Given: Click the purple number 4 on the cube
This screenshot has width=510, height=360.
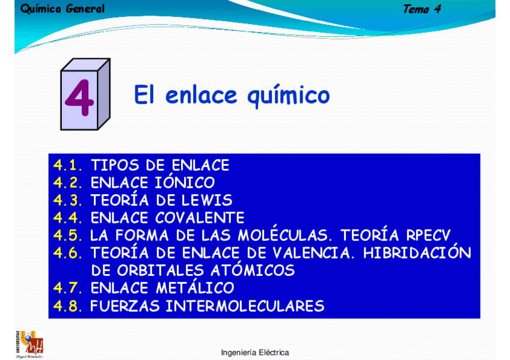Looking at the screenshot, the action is point(79,98).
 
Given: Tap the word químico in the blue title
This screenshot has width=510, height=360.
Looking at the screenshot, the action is point(289,96).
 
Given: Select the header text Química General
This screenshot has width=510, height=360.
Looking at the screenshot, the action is point(63,9).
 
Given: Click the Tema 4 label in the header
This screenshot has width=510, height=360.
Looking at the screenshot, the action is point(422,9).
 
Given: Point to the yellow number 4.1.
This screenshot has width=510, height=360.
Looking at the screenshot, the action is point(67,165).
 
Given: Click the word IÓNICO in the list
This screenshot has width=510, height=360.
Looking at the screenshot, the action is point(185,182).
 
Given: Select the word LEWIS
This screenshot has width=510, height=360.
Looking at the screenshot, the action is point(207,200).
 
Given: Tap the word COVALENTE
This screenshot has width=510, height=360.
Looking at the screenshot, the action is point(200,218).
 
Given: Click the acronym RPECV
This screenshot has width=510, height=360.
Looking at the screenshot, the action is point(428,235).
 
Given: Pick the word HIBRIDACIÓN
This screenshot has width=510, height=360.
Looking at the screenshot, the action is point(417,252).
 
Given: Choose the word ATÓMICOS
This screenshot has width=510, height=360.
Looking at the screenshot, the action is point(253,270).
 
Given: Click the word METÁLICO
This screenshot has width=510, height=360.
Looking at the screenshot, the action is point(195,287).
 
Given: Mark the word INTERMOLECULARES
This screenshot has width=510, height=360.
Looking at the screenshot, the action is point(245,306).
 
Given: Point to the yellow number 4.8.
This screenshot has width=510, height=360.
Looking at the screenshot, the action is point(67,306).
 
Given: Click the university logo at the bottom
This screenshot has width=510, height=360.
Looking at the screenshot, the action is point(29,345).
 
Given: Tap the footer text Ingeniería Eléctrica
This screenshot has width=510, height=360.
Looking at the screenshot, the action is point(255,353).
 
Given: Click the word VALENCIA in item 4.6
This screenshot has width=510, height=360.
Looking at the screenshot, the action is point(312,253).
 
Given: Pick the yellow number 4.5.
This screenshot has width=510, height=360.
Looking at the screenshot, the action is point(67,235).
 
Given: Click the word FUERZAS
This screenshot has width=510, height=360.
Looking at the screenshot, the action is point(125,306).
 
